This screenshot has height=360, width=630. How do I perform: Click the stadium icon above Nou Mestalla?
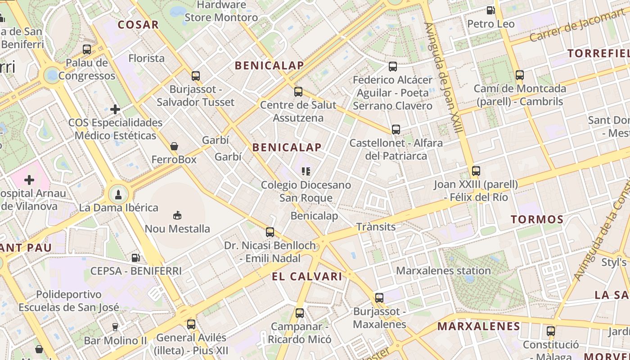tap(177, 215)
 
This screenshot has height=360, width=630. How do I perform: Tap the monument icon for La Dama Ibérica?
tap(118, 194)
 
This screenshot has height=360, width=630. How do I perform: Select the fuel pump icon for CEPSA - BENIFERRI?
tap(135, 257)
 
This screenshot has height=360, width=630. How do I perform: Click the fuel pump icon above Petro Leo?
tap(490, 10)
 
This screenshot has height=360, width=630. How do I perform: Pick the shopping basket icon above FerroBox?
tap(174, 146)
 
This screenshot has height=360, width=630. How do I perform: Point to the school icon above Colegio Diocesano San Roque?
tap(306, 171)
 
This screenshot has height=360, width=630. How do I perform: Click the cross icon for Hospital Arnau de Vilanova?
tap(29, 180)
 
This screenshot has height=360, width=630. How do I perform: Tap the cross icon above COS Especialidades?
tap(115, 109)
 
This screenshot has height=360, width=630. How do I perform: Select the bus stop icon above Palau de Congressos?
tap(87, 49)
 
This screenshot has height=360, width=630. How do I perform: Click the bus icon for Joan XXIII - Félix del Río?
tap(476, 171)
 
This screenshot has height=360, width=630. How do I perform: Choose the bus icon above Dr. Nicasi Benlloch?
tap(270, 232)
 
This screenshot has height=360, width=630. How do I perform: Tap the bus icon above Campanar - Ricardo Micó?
tap(300, 313)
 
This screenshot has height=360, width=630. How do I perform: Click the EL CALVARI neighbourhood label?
tap(307, 276)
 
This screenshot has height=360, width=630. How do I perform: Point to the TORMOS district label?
tap(537, 220)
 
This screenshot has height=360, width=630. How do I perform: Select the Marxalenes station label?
tap(443, 270)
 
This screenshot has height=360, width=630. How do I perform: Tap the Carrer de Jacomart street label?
tap(577, 25)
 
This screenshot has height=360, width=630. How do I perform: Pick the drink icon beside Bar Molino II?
tap(115, 327)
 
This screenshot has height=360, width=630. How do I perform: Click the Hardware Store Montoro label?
tap(221, 11)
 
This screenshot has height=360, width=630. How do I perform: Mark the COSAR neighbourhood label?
tap(138, 25)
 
